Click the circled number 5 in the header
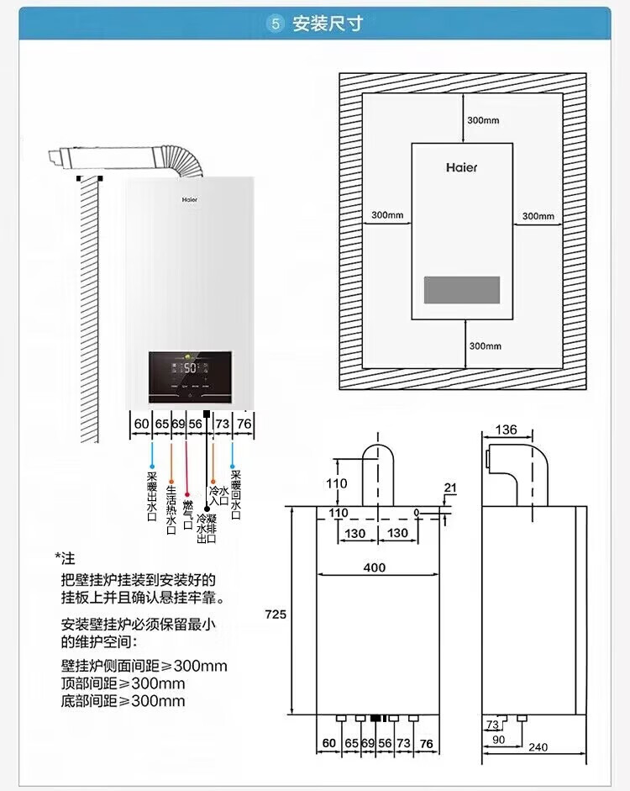click(276, 24)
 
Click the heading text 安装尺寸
click(327, 24)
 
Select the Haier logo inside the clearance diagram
click(461, 167)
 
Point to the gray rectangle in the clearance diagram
click(461, 290)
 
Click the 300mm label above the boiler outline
click(483, 120)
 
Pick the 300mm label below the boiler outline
click(485, 345)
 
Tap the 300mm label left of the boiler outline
click(387, 215)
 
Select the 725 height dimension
click(276, 614)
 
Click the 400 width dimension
click(375, 567)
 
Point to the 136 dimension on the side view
click(506, 430)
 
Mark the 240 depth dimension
click(538, 747)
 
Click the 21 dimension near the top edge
click(450, 488)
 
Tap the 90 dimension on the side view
click(499, 739)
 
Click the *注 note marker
click(65, 558)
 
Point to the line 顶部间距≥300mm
click(123, 683)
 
